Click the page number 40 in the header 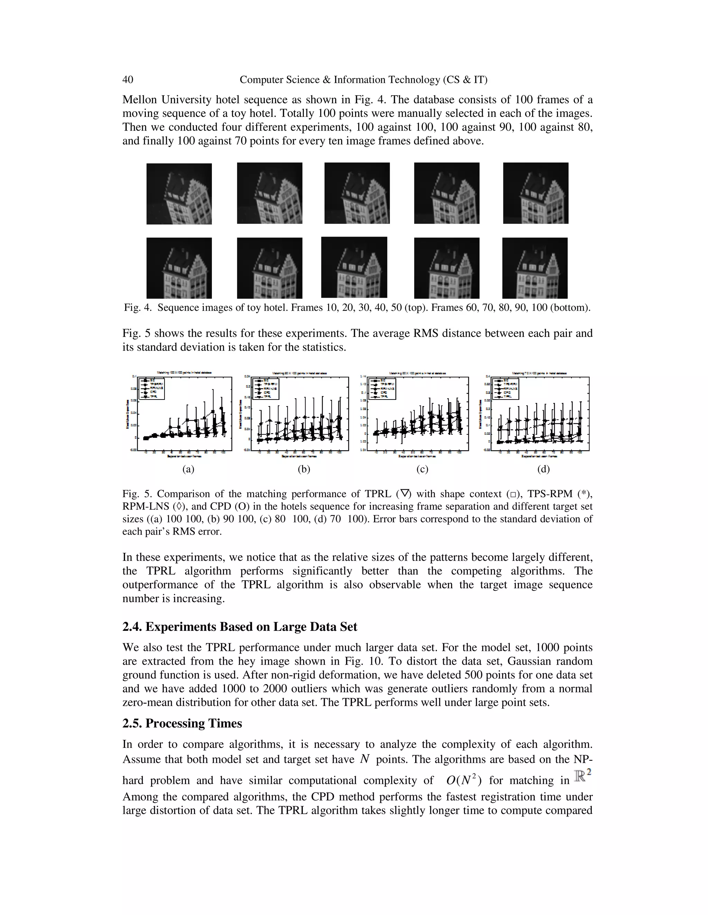click(x=128, y=80)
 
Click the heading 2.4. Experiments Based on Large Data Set click(x=240, y=627)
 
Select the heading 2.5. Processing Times click(x=182, y=723)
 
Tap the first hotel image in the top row click(x=179, y=194)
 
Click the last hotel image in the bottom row click(x=535, y=268)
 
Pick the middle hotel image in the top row click(x=357, y=193)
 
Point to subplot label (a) click(x=188, y=469)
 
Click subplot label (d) click(x=543, y=469)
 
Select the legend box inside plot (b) click(x=265, y=388)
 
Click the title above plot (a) click(x=184, y=372)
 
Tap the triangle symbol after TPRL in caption click(x=405, y=493)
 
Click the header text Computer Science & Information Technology click(x=363, y=80)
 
